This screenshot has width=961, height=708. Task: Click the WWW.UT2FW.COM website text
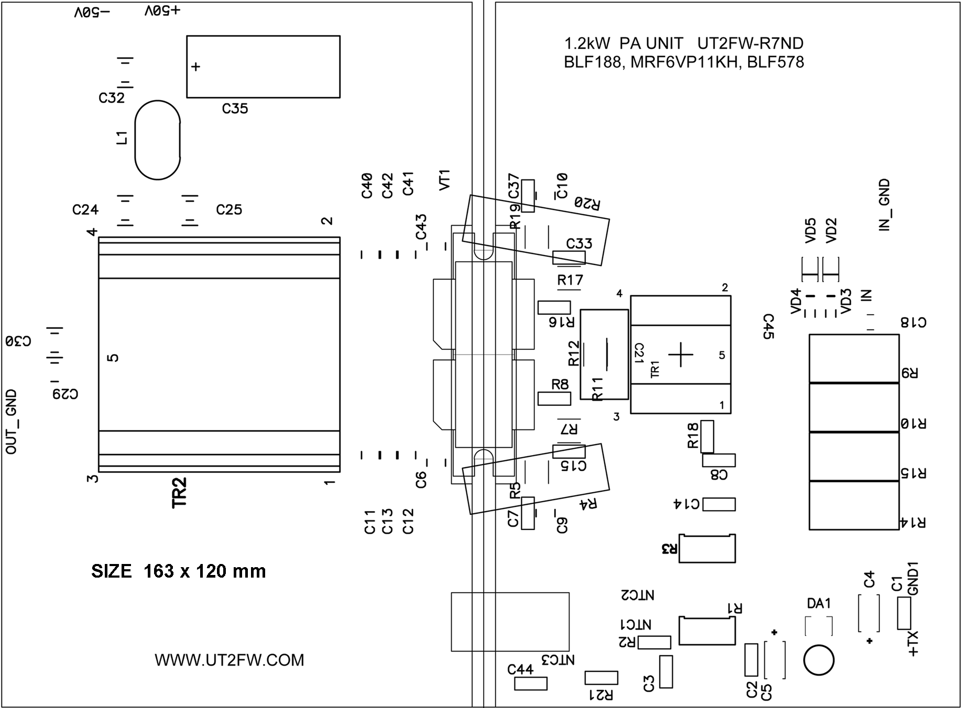point(229,660)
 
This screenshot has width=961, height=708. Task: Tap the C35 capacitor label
point(235,108)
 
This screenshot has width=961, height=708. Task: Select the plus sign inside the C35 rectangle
point(195,67)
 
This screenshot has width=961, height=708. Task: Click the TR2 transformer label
point(179,492)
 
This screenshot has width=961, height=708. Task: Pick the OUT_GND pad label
point(11,422)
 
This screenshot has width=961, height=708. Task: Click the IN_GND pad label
point(884,205)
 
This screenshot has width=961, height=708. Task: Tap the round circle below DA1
point(818,660)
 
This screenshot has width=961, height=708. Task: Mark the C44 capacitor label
point(520,669)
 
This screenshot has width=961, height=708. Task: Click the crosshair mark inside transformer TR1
point(681,355)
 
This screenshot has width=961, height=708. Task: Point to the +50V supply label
point(162,10)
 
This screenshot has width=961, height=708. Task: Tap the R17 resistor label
point(570,281)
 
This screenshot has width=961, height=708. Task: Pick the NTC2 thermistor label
point(637,595)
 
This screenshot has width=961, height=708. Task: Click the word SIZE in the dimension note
point(111,571)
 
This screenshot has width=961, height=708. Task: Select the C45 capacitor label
point(768,327)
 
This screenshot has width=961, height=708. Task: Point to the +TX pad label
point(913,644)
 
